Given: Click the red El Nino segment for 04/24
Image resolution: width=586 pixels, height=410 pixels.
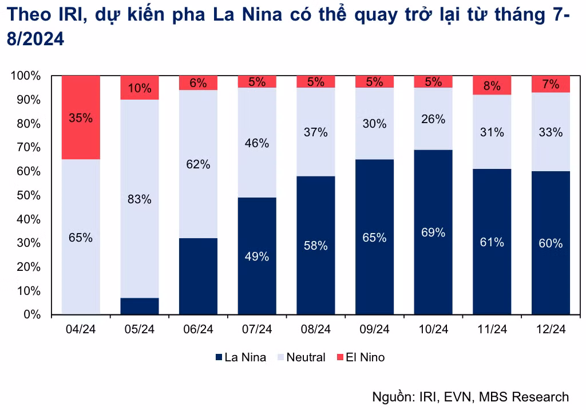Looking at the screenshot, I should coord(81,117).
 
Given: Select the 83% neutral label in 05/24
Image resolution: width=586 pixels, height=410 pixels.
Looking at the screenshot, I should coord(139,199).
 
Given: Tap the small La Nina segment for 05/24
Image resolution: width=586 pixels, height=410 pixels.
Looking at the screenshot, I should coord(139,306).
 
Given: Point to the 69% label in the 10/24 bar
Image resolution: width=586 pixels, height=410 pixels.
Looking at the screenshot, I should coord(433,232).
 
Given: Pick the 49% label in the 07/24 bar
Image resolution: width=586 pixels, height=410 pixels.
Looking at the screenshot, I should coord(257,257).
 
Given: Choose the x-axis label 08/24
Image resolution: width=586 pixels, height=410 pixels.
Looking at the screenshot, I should coord(316,329).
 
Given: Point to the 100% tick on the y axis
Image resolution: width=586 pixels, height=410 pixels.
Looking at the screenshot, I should coord(26,76).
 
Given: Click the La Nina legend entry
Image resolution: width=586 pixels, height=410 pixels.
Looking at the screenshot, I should coord(240,357).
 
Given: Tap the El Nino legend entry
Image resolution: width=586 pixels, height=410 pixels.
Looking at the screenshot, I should coord(361,357).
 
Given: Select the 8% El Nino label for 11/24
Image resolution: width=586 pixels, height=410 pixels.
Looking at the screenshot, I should coord(492,86).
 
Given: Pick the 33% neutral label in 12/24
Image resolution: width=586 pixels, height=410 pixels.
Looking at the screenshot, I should coord(551,132).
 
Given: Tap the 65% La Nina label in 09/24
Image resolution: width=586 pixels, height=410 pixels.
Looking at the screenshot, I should coord(374,238).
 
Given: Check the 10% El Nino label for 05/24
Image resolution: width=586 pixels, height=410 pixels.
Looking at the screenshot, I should coord(139,88).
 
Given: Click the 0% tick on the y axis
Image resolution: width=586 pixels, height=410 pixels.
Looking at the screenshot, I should coord(32,315).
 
